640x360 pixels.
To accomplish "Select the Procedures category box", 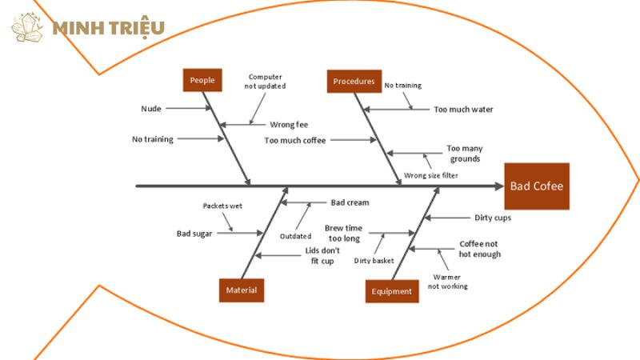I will [x=354, y=81].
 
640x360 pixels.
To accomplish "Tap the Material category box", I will [x=242, y=290].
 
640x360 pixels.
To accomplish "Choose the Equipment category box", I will [x=392, y=291].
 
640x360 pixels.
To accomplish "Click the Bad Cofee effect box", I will [x=537, y=186].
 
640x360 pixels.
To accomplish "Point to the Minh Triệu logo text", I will [x=108, y=28].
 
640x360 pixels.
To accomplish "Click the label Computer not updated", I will [x=266, y=81].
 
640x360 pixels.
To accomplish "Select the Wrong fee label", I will [x=289, y=124].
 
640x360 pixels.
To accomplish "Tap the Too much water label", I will [x=463, y=109].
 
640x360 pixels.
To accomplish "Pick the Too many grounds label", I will [x=464, y=153].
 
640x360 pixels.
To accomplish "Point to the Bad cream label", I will [x=350, y=202].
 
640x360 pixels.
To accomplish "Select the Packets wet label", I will [x=222, y=206].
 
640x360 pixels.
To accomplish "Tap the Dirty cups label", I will [x=492, y=217].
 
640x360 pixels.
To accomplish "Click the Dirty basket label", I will [x=374, y=260].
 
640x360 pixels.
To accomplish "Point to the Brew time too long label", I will [x=343, y=233].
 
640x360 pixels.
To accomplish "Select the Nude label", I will [x=150, y=108].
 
